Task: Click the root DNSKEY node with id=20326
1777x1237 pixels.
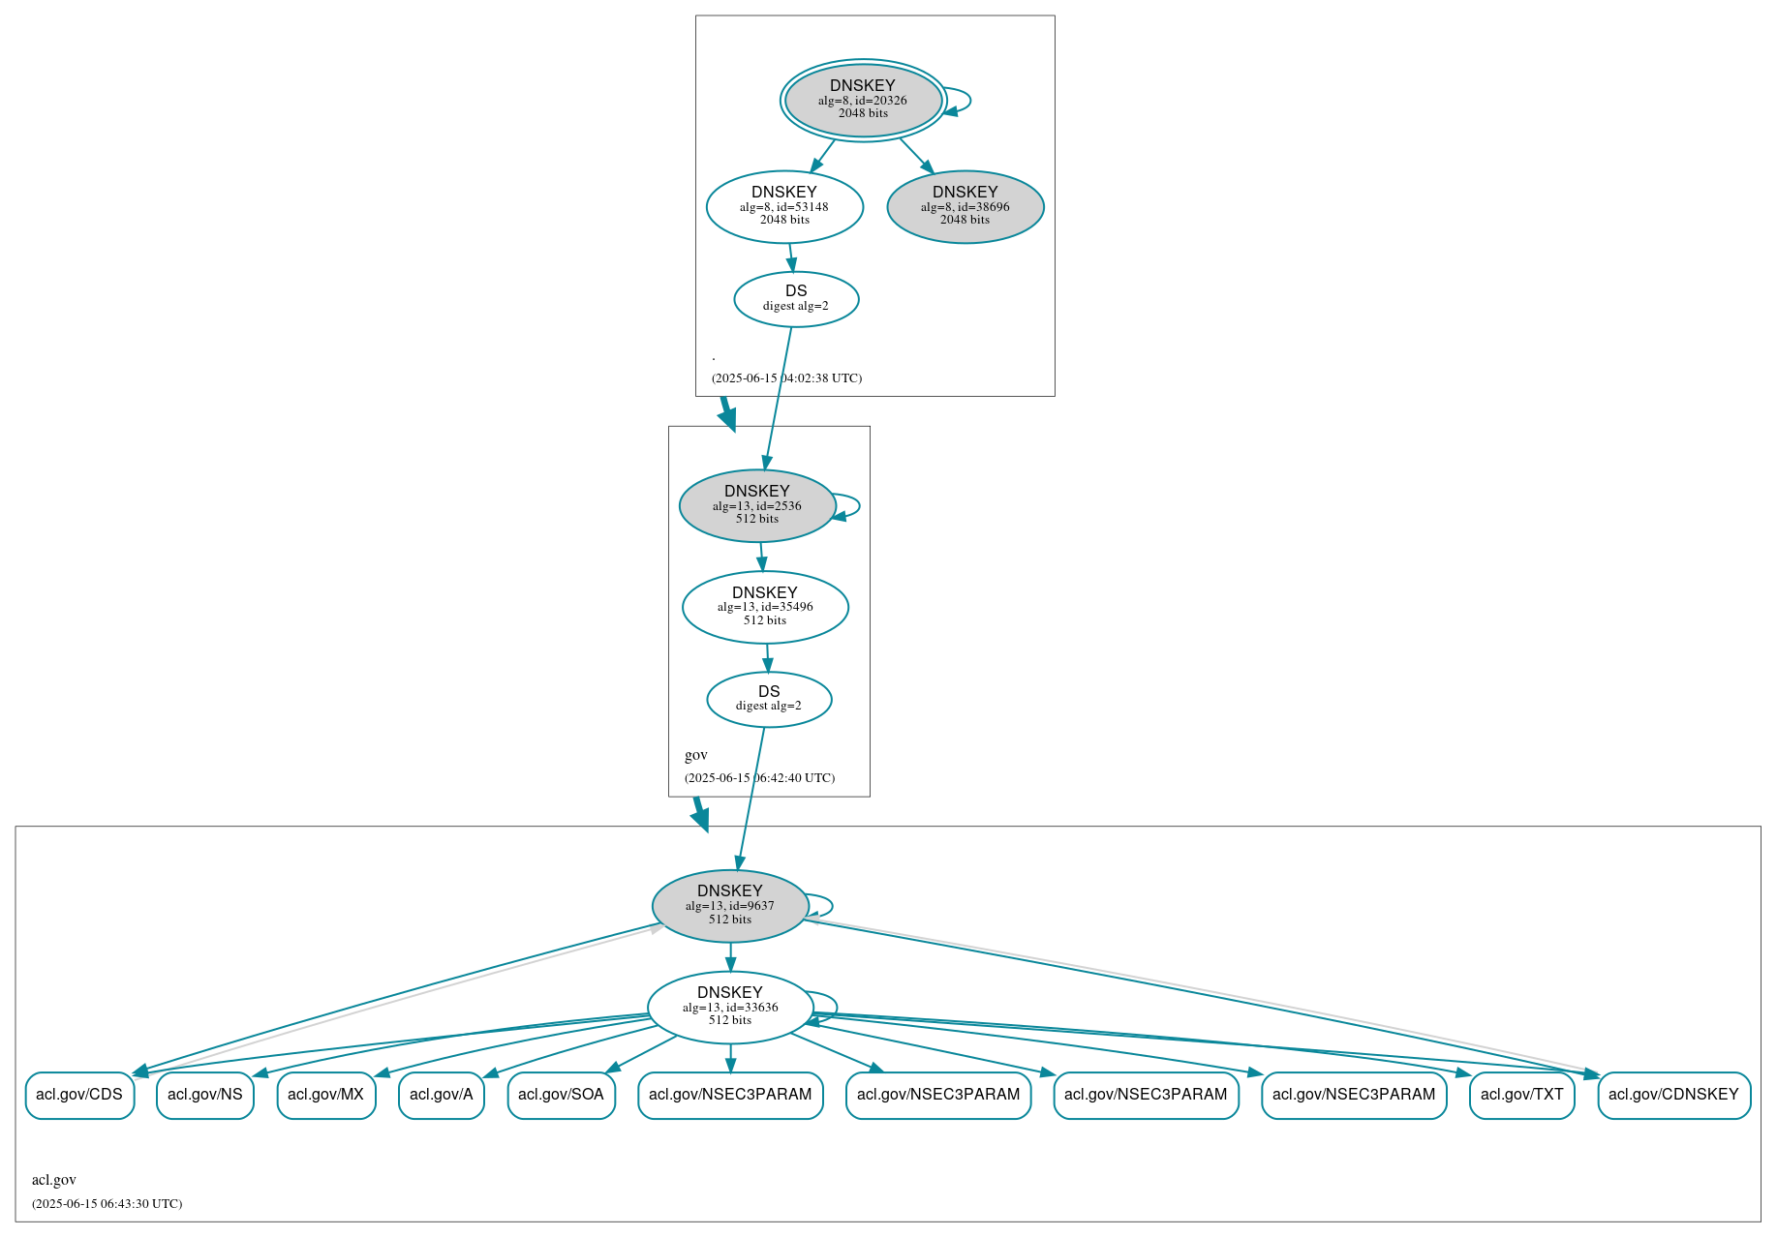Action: (x=863, y=100)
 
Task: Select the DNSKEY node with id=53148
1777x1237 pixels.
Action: (x=784, y=206)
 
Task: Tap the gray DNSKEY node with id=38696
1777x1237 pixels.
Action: (x=965, y=206)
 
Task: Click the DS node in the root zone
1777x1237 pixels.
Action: (x=796, y=299)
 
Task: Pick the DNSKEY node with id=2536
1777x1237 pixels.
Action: (x=757, y=505)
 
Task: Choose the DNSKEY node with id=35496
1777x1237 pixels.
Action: (x=765, y=607)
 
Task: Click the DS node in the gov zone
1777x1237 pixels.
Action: (x=769, y=699)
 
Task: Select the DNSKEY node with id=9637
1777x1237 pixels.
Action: (x=730, y=905)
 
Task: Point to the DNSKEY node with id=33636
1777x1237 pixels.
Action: (x=730, y=1007)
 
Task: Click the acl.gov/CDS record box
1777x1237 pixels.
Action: (x=79, y=1095)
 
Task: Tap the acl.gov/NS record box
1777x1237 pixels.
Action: (x=205, y=1095)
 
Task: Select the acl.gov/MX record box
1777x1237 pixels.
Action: (x=326, y=1095)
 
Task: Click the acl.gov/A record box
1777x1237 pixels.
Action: (x=442, y=1095)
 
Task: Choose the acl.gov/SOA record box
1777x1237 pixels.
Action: (x=562, y=1095)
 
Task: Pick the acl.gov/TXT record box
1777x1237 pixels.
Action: (x=1521, y=1095)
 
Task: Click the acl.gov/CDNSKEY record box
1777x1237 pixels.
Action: (x=1673, y=1095)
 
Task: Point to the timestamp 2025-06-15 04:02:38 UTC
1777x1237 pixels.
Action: (x=786, y=378)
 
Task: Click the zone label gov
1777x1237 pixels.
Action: (x=696, y=755)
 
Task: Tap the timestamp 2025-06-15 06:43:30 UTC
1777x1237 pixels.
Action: (x=107, y=1204)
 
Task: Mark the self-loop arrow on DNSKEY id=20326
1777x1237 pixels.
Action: (x=969, y=101)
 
